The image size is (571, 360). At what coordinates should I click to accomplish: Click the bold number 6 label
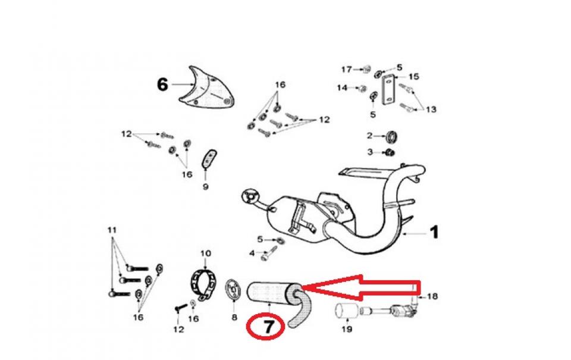pos(162,84)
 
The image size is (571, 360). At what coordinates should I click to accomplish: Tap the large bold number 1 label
pos(434,233)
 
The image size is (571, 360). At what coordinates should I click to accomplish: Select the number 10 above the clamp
pos(206,253)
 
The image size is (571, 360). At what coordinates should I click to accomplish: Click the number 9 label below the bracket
pos(206,187)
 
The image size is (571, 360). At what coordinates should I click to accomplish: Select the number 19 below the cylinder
pos(345,329)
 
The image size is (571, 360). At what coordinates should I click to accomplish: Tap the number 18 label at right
pos(432,296)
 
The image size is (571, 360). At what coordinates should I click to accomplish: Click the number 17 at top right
pos(346,70)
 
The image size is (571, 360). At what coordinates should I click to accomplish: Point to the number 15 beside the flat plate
pos(414,77)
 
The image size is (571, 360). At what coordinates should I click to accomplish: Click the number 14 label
pos(342,88)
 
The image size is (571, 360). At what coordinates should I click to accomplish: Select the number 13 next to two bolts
pos(431,109)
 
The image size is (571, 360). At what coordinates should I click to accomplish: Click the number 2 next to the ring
pos(369,136)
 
